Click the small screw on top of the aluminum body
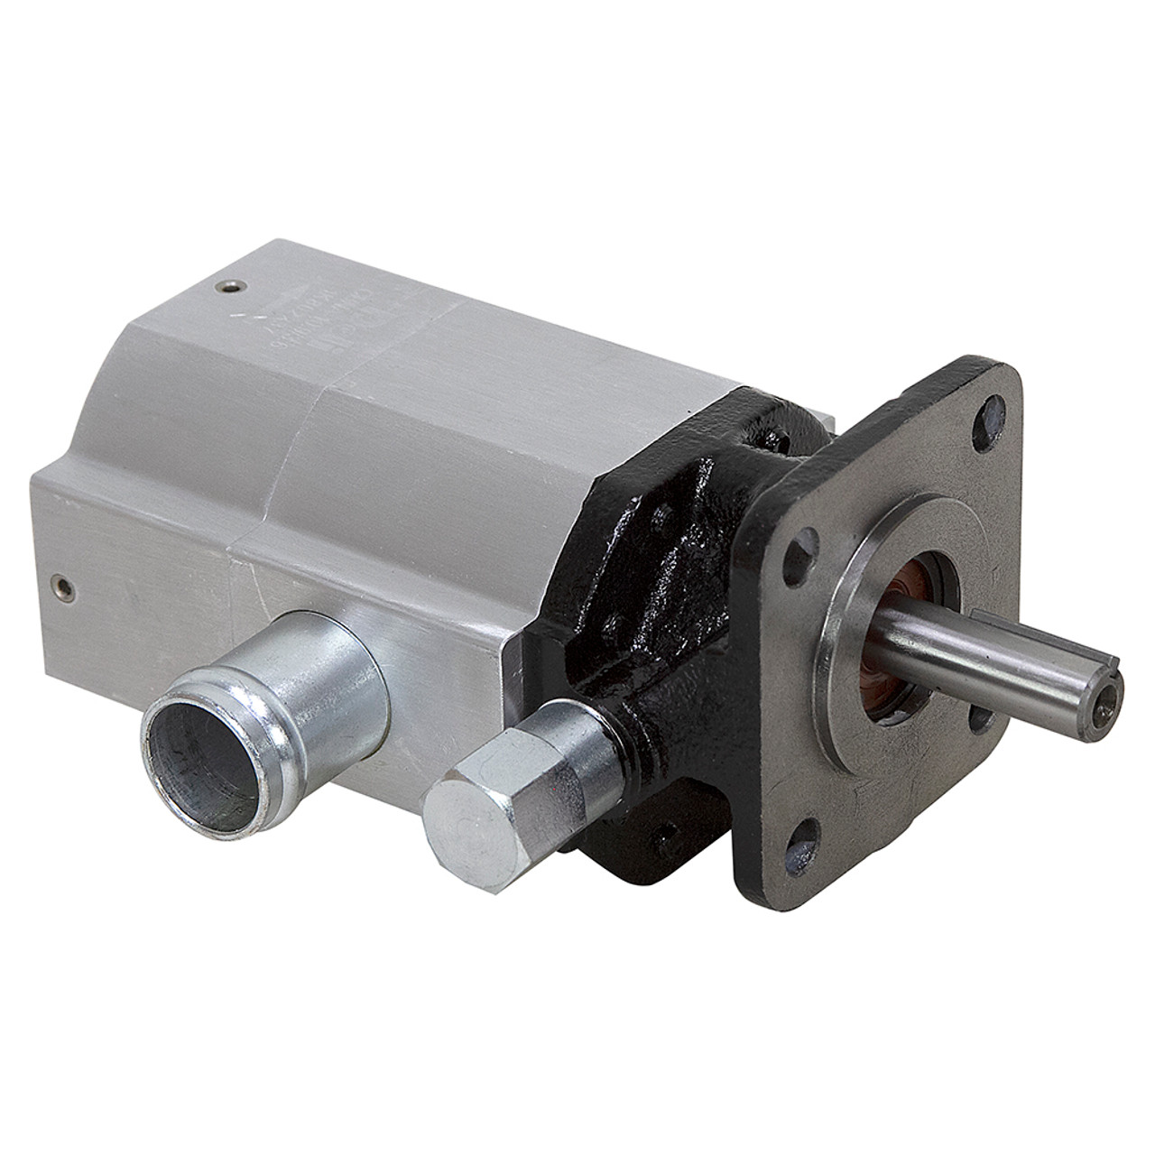[x=226, y=288]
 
